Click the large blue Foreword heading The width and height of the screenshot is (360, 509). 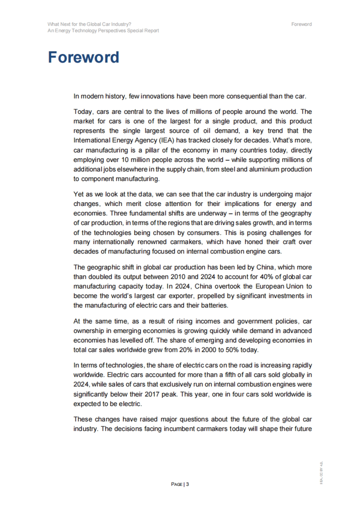pyautogui.click(x=83, y=57)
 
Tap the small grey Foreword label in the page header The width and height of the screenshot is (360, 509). pyautogui.click(x=301, y=24)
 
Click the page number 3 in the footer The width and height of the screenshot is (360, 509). pyautogui.click(x=187, y=484)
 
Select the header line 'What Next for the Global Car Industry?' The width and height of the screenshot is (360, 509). pyautogui.click(x=89, y=24)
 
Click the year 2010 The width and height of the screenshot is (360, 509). pyautogui.click(x=178, y=277)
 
